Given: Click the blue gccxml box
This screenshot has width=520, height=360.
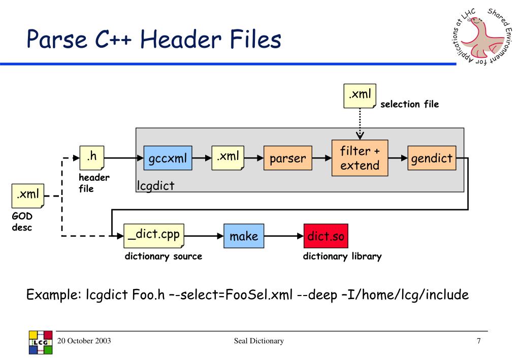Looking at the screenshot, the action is [x=168, y=158].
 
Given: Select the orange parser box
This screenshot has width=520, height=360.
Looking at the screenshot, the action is [x=288, y=158].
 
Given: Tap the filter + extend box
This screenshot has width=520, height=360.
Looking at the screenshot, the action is [x=360, y=158].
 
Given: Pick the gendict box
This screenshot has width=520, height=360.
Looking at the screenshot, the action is [x=432, y=158].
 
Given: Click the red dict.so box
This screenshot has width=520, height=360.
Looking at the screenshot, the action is [x=326, y=236].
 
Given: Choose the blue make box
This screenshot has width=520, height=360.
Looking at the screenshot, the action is [x=244, y=236].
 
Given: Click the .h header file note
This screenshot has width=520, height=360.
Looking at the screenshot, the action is [x=92, y=158].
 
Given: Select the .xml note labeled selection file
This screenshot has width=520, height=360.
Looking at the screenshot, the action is [x=360, y=96].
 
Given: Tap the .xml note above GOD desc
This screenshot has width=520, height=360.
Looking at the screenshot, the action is [x=28, y=196].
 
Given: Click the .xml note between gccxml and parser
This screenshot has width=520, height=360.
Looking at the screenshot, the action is [x=228, y=158].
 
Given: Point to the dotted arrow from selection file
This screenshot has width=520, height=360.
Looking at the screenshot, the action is [x=360, y=124].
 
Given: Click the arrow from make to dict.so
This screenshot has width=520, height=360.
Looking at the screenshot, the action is [x=284, y=236].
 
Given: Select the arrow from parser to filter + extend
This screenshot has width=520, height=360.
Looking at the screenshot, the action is [x=321, y=158].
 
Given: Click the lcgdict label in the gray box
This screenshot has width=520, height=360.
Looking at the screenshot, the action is [x=155, y=186].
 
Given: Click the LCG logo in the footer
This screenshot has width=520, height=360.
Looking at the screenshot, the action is [x=41, y=342].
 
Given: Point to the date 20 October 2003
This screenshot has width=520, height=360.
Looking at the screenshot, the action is [x=84, y=341].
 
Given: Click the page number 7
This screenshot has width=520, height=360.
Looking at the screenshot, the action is [x=478, y=341].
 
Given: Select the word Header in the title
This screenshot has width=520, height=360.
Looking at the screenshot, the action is [x=181, y=39].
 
